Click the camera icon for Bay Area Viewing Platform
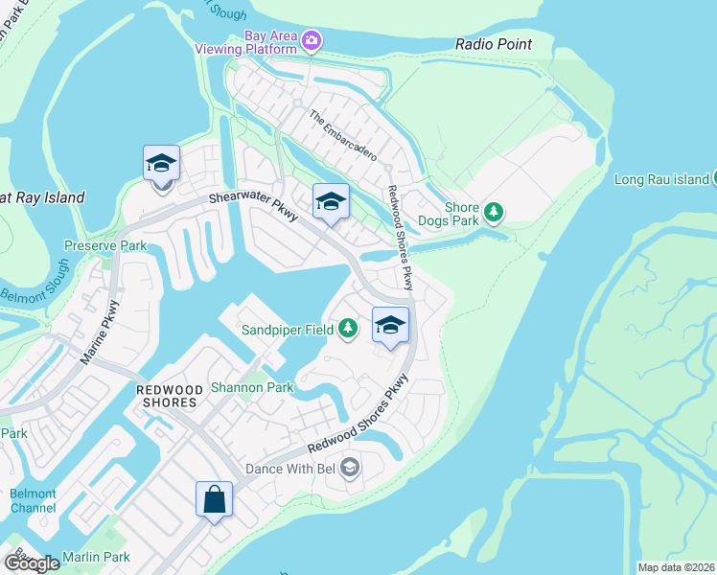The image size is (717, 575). (311, 39)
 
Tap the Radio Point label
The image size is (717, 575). (493, 45)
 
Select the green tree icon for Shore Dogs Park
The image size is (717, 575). (494, 210)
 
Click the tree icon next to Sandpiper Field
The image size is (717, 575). (347, 330)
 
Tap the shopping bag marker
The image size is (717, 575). (214, 500)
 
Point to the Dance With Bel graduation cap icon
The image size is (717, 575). (350, 469)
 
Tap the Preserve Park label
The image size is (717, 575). (105, 245)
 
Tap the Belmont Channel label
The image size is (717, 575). (33, 500)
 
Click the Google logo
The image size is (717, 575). (31, 563)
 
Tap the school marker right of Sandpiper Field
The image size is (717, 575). (390, 326)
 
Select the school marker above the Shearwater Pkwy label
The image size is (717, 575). (162, 166)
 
